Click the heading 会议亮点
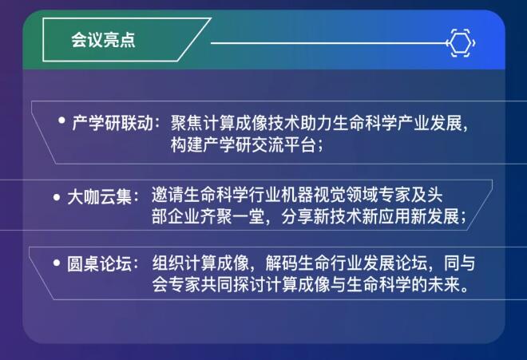coord(103,40)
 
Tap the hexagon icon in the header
coord(461,43)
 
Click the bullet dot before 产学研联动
coord(61,120)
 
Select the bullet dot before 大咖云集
coord(57,197)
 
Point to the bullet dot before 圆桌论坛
coord(57,263)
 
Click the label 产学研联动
coord(113,123)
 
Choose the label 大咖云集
coord(99,197)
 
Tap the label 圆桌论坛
coord(99,264)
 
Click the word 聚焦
coord(187,123)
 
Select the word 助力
coord(316,123)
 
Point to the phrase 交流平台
coord(283,144)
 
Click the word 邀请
coord(168,195)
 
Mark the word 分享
coord(297,216)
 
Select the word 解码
coord(281,263)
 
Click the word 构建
coord(187,144)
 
